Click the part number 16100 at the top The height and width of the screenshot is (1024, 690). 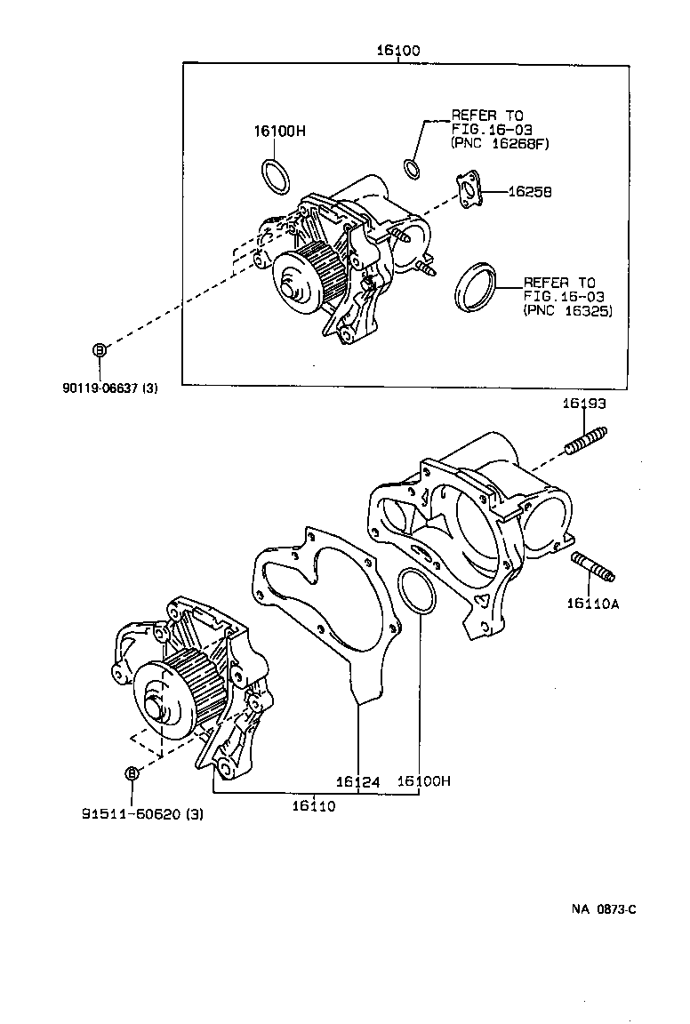pyautogui.click(x=397, y=51)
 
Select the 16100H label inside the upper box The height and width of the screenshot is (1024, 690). pyautogui.click(x=279, y=131)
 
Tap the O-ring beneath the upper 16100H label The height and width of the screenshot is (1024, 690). pyautogui.click(x=275, y=176)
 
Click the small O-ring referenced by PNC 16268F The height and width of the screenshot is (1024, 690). pyautogui.click(x=411, y=167)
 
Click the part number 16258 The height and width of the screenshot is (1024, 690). pyautogui.click(x=530, y=191)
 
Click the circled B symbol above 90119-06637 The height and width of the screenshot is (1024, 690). pyautogui.click(x=100, y=349)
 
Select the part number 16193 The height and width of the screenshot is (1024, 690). pyautogui.click(x=583, y=404)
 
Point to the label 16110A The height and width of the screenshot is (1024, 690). pyautogui.click(x=592, y=604)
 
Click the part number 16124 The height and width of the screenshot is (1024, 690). pyautogui.click(x=357, y=782)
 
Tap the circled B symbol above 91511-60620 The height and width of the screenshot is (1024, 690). pyautogui.click(x=132, y=773)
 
